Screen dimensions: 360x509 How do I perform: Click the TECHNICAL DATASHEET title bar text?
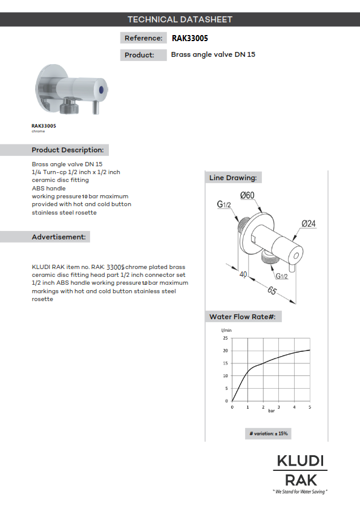180,19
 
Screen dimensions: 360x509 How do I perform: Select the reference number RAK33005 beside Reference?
190,38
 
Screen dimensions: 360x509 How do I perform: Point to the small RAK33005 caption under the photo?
44,126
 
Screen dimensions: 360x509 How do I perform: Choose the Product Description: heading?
67,150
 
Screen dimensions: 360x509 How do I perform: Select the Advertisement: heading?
58,237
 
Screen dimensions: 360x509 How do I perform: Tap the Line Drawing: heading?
233,178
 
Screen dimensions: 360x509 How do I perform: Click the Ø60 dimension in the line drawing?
247,195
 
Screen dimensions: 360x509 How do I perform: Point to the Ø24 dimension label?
310,223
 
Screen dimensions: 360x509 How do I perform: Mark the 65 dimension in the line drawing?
272,291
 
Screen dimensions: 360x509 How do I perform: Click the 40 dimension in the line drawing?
244,274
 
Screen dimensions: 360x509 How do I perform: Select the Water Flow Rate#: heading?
243,317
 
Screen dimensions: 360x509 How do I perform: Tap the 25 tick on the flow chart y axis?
226,338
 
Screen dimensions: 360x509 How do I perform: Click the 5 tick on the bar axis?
310,407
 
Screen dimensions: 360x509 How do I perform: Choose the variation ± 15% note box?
269,433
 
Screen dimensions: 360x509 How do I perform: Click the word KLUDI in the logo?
300,461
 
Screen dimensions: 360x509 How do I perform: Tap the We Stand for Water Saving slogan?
300,492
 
